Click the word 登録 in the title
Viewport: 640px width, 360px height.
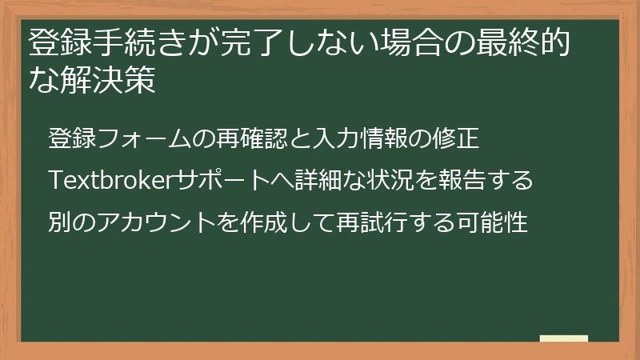point(56,43)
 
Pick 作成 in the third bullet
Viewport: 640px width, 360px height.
point(246,222)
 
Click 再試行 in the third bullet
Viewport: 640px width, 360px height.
point(352,222)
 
